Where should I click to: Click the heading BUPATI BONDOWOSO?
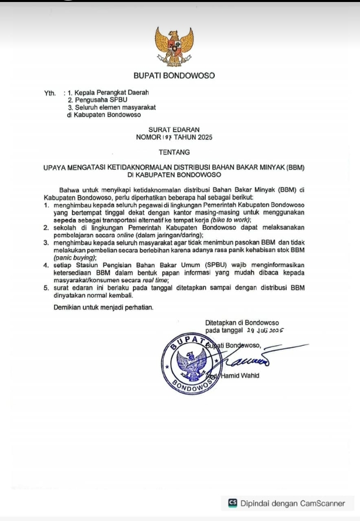tap(174, 76)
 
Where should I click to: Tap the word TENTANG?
tap(174, 152)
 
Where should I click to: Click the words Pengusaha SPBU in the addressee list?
tap(98, 100)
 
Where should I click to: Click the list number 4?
tap(46, 265)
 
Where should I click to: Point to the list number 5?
tap(46, 288)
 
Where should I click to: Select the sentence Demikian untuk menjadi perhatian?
tap(104, 307)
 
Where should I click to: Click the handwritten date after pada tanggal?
tap(265, 331)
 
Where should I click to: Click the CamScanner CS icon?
tap(232, 503)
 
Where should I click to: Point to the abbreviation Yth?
tap(50, 93)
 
